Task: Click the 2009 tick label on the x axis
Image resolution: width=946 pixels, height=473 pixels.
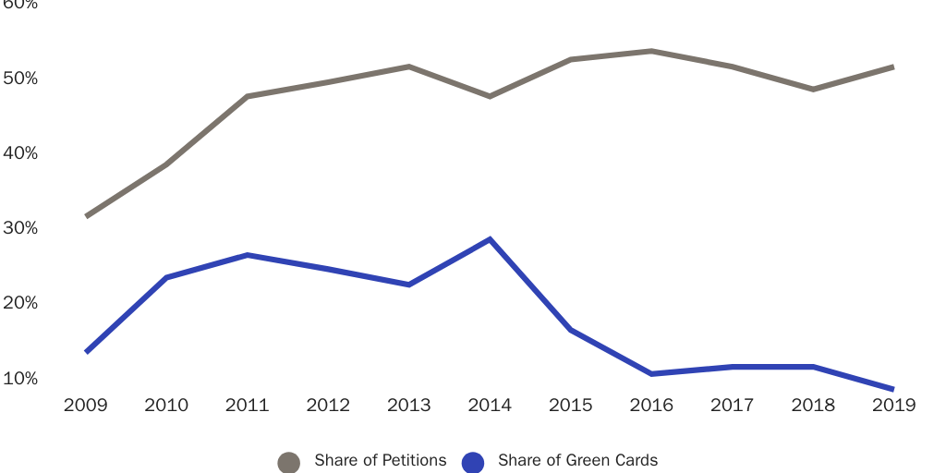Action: click(x=85, y=406)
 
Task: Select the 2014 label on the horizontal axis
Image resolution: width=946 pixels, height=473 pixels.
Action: click(x=490, y=406)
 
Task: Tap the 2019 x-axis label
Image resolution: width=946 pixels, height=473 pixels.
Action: click(x=893, y=406)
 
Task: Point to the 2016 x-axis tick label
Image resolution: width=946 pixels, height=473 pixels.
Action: click(x=651, y=406)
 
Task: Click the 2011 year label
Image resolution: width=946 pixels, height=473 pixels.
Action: click(x=247, y=406)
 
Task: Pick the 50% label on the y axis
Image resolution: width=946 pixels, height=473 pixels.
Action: click(x=19, y=79)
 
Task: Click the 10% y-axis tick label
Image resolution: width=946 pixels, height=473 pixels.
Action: click(x=19, y=379)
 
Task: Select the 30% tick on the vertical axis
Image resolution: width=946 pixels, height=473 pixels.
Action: click(x=19, y=228)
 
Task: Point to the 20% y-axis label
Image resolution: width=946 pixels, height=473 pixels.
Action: click(x=19, y=303)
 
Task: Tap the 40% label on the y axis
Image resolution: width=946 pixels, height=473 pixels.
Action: click(x=19, y=153)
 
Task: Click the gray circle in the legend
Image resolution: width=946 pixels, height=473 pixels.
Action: click(x=289, y=462)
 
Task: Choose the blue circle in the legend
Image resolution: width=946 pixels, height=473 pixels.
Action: click(x=473, y=462)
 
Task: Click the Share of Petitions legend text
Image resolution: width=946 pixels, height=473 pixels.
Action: click(x=380, y=460)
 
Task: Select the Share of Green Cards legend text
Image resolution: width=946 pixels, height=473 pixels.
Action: click(x=577, y=460)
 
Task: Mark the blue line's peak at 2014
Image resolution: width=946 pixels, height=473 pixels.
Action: click(x=490, y=239)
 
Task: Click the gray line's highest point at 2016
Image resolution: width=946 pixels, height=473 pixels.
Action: click(x=651, y=51)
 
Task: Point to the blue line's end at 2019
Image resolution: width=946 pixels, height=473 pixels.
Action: click(x=893, y=390)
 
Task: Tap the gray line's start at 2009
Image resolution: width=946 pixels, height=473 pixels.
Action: click(x=86, y=216)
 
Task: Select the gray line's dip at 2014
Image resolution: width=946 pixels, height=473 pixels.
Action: click(x=490, y=96)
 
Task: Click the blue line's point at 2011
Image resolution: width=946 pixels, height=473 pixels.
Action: click(x=247, y=255)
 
